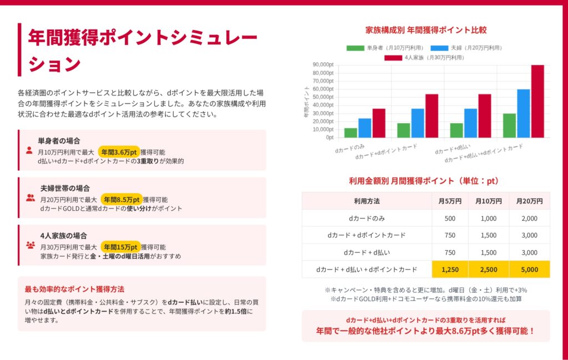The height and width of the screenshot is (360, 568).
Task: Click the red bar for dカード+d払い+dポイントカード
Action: (x=537, y=101)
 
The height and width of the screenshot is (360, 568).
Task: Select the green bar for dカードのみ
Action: (x=351, y=133)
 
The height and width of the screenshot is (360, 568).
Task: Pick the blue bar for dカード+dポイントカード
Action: (x=418, y=123)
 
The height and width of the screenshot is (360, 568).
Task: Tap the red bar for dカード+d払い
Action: (x=485, y=115)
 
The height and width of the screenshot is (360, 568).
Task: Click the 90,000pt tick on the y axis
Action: (x=323, y=64)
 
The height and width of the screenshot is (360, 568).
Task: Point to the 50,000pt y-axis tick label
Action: (x=323, y=97)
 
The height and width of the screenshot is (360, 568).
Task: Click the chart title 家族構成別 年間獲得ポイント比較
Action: (x=426, y=30)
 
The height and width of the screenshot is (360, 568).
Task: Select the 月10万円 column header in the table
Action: (x=489, y=201)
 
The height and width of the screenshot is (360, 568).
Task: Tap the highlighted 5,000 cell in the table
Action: (x=530, y=270)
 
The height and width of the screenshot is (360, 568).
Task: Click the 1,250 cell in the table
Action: (x=450, y=270)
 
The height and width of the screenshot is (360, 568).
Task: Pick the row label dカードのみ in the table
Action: (x=366, y=218)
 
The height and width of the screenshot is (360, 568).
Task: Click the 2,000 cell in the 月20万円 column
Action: (x=530, y=218)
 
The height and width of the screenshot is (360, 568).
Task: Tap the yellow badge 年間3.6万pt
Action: (x=119, y=151)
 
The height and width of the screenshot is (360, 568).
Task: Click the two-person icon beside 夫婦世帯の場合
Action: (x=30, y=197)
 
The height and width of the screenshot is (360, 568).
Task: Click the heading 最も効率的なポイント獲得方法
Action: (x=74, y=289)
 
